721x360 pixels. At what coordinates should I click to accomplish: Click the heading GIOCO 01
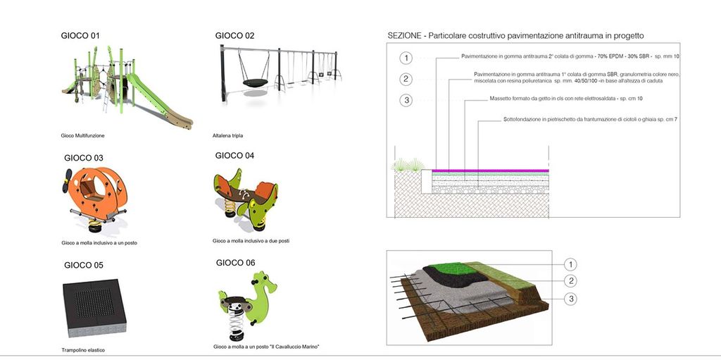coord(80,36)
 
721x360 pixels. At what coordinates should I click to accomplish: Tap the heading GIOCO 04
coord(234,156)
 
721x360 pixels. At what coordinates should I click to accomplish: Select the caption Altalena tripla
coord(227,136)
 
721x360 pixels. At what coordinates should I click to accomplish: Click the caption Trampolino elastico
coord(83,350)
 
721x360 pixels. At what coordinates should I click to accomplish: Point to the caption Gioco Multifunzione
coord(83,136)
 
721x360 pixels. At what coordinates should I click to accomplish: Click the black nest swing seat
coord(256,83)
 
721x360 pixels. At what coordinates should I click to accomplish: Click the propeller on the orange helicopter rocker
coord(68,180)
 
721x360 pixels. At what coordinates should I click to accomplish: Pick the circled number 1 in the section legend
coord(406,58)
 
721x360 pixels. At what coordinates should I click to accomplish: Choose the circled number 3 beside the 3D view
coord(570,299)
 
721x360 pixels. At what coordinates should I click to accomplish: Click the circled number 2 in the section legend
coord(406,79)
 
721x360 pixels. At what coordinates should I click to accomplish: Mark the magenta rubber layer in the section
coord(491,170)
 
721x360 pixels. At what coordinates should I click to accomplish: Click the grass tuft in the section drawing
coord(408,165)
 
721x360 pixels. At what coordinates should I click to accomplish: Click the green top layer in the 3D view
coord(446,270)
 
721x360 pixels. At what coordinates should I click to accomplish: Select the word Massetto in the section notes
coord(500,99)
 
